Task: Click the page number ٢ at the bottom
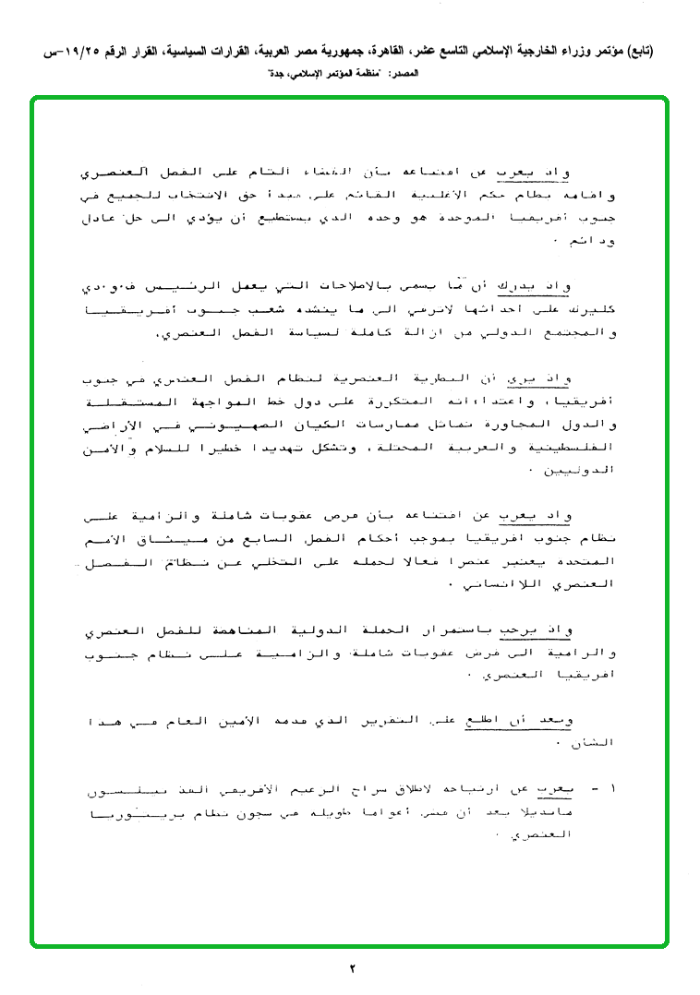point(351,968)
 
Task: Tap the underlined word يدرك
point(518,288)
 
